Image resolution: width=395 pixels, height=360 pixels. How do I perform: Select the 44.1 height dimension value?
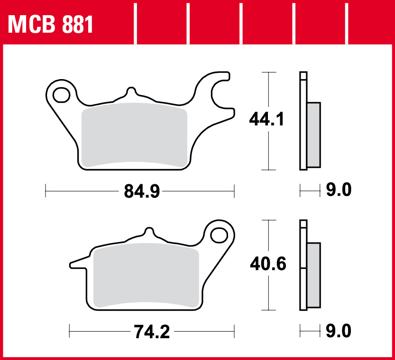[267, 119]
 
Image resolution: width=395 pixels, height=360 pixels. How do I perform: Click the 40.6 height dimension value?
[268, 264]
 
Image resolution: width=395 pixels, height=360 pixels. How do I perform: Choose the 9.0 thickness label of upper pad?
[339, 191]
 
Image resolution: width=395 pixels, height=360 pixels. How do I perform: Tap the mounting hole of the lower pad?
[219, 234]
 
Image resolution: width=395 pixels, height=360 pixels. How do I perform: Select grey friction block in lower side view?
[314, 274]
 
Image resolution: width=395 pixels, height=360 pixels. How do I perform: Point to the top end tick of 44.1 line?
[269, 72]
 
